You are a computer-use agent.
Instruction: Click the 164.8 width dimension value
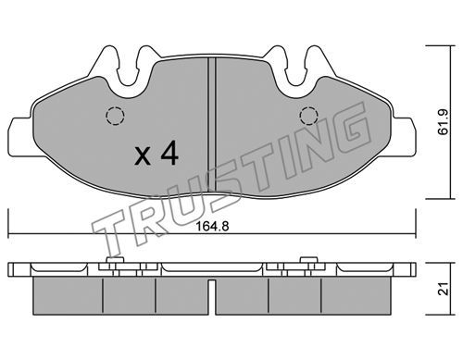click(212, 227)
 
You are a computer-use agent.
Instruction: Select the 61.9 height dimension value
click(444, 122)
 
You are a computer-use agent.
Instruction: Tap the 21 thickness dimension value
click(444, 289)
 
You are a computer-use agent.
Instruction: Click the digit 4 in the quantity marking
click(169, 153)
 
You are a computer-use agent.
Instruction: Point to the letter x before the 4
click(143, 155)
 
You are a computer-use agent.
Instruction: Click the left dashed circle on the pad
click(115, 116)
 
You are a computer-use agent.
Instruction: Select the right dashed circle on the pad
click(308, 116)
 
